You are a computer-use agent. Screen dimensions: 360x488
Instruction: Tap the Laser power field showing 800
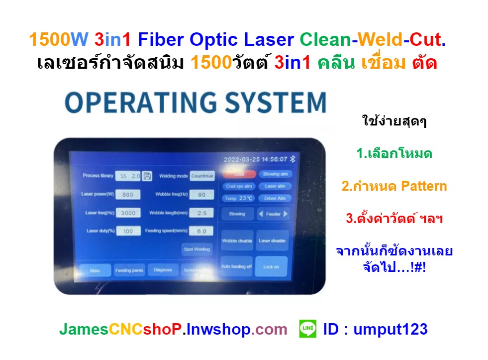[128, 194]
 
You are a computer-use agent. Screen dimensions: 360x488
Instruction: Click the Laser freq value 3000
[128, 213]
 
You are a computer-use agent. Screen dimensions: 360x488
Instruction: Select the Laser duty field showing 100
[128, 231]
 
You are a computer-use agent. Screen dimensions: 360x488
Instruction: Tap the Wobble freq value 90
[201, 194]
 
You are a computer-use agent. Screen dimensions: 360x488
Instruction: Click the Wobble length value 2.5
[201, 213]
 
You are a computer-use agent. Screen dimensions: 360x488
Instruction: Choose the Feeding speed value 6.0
[201, 231]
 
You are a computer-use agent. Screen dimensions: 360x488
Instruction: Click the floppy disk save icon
[147, 176]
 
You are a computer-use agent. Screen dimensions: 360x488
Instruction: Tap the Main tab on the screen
[95, 270]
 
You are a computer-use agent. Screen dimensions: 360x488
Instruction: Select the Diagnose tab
[163, 270]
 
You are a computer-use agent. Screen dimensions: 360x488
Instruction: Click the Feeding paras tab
[129, 270]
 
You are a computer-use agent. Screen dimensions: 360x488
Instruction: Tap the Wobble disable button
[237, 240]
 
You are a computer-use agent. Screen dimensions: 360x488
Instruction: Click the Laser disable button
[272, 240]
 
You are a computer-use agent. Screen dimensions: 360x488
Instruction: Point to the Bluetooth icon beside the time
[293, 159]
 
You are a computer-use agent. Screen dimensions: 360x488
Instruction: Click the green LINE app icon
[308, 329]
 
